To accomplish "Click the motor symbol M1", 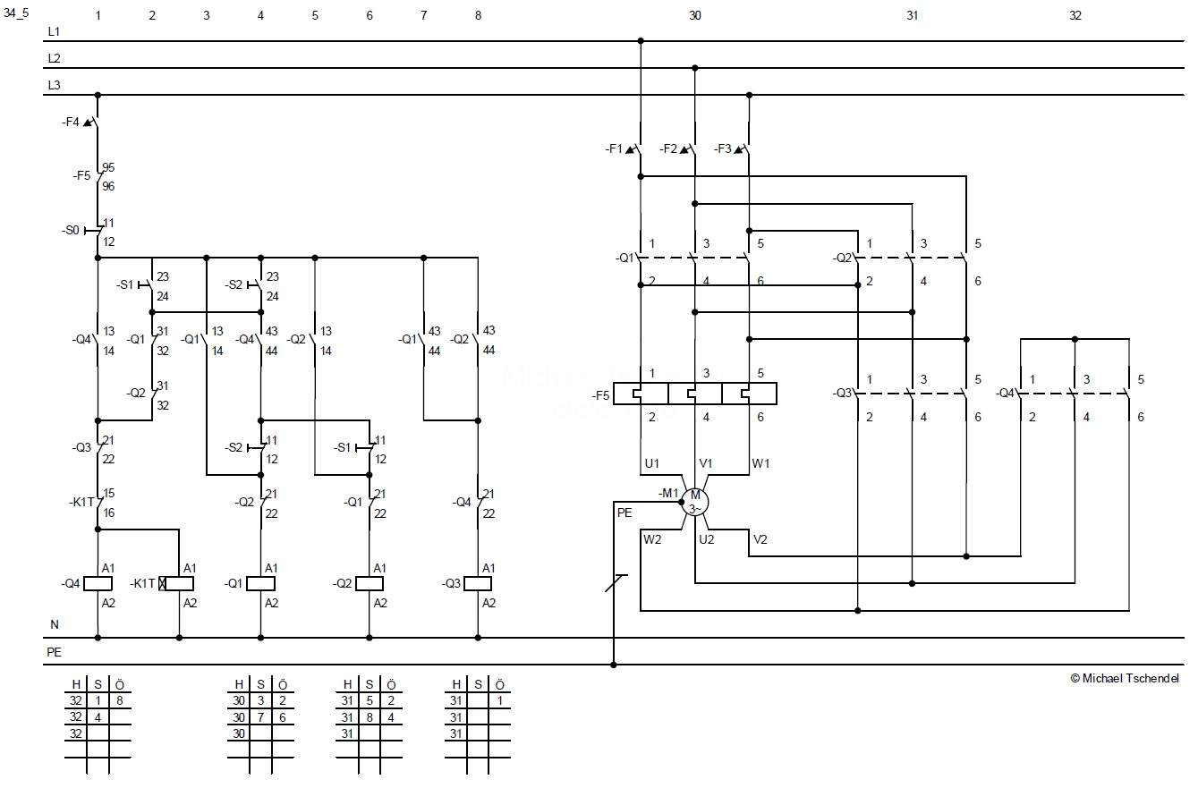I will pyautogui.click(x=695, y=502).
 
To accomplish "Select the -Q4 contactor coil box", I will pyautogui.click(x=98, y=583).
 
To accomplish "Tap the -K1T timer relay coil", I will pyautogui.click(x=179, y=583).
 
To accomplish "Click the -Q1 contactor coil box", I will pyautogui.click(x=260, y=583).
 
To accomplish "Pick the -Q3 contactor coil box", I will pyautogui.click(x=478, y=583).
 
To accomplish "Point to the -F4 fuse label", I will pyautogui.click(x=72, y=122).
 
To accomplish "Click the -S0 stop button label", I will pyautogui.click(x=71, y=231).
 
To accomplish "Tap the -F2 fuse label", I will pyautogui.click(x=668, y=149).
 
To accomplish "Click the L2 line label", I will pyautogui.click(x=54, y=58).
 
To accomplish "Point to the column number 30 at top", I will pyautogui.click(x=695, y=15).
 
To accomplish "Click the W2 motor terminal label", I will pyautogui.click(x=651, y=539).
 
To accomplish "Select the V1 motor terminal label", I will pyautogui.click(x=706, y=463).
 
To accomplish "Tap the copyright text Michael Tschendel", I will pyautogui.click(x=1125, y=678).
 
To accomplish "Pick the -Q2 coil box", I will pyautogui.click(x=370, y=583).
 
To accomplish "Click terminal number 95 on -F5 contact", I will pyautogui.click(x=108, y=167).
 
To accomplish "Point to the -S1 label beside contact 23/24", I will pyautogui.click(x=124, y=284).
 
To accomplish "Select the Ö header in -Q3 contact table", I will pyautogui.click(x=499, y=684).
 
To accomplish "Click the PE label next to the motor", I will pyautogui.click(x=624, y=513).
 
